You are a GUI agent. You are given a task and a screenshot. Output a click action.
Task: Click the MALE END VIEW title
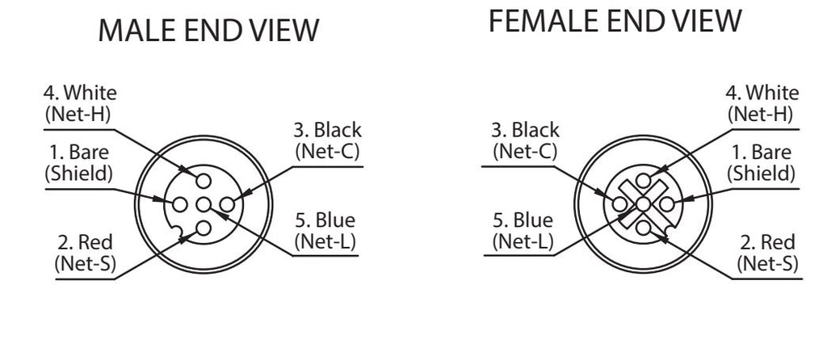click(208, 30)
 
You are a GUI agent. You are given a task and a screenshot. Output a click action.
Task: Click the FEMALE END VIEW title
click(615, 21)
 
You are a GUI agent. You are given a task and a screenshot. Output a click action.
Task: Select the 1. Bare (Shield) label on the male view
click(79, 163)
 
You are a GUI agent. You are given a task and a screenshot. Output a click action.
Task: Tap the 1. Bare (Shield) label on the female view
click(761, 163)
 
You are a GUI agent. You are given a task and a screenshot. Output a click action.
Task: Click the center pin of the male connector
click(203, 204)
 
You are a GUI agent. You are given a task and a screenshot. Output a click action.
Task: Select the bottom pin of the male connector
click(203, 228)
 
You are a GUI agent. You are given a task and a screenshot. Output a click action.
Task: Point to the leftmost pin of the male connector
click(180, 204)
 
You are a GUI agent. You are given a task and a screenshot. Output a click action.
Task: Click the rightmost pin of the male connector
click(226, 204)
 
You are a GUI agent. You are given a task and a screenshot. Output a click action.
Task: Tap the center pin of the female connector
click(642, 204)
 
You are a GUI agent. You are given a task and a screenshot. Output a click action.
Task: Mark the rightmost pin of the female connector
click(666, 204)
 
